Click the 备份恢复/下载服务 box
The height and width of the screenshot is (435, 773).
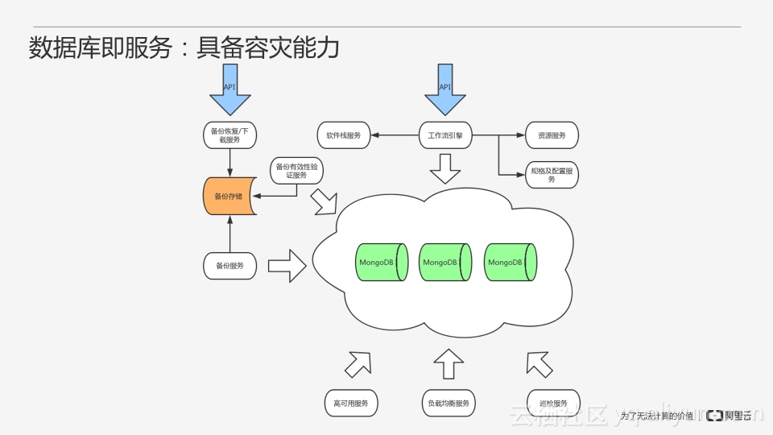[x=230, y=135]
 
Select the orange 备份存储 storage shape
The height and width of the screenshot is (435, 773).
[x=229, y=196]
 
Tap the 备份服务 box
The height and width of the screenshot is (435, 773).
[x=230, y=265]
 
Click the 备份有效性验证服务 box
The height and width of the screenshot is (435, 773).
[x=297, y=171]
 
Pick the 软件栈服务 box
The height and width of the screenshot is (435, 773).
[x=344, y=135]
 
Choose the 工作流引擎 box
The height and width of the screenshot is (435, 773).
[x=445, y=135]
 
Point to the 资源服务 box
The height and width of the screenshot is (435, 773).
[x=552, y=135]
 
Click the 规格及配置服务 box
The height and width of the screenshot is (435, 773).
[x=552, y=175]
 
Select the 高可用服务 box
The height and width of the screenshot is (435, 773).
[x=351, y=403]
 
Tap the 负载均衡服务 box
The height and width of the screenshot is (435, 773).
[x=449, y=403]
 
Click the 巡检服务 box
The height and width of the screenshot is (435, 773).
[x=552, y=403]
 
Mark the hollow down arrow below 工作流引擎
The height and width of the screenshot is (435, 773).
[x=445, y=168]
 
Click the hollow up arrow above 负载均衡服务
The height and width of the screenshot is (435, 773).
[x=449, y=364]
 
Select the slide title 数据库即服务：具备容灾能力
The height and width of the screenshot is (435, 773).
[x=184, y=48]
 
